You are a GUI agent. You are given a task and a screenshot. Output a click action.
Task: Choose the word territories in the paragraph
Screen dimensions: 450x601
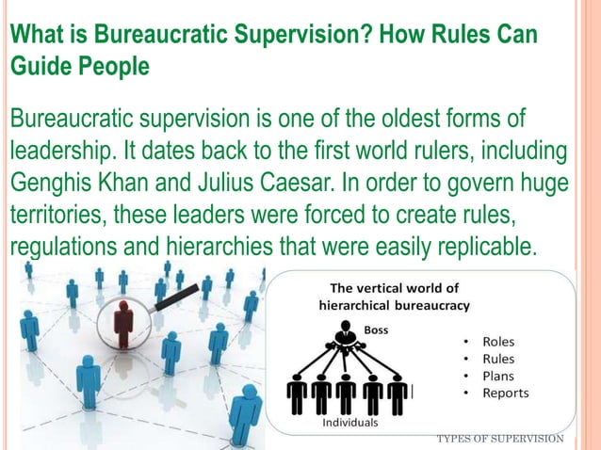58,214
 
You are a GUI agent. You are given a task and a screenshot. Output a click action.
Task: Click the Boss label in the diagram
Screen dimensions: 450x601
375,330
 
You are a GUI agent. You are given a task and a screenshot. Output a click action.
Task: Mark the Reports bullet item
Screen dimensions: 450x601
505,393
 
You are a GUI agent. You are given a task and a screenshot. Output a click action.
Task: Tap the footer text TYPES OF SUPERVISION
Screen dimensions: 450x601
500,439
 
